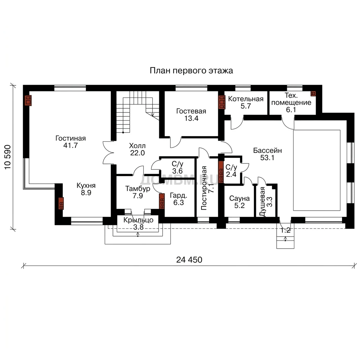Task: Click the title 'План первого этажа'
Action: tap(191, 70)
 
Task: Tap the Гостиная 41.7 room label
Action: tap(70, 142)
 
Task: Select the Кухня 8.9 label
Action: tap(86, 189)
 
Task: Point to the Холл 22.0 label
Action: tap(137, 149)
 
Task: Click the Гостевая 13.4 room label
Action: tap(191, 115)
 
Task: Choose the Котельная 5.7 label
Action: tap(246, 102)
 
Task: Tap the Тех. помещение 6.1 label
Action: tap(291, 102)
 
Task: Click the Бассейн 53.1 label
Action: tap(268, 154)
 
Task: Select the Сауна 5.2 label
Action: tap(239, 202)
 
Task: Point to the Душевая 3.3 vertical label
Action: tap(266, 201)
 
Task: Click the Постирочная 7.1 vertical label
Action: tap(207, 188)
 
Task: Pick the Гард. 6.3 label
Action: tap(179, 199)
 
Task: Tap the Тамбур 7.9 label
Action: tap(137, 192)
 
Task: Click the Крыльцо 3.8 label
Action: tap(139, 223)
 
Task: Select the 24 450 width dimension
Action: tap(189, 260)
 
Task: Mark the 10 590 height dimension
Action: tap(8, 157)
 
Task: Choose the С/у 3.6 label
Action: tap(178, 167)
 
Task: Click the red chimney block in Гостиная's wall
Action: tap(28, 100)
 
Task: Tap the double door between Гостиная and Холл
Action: tap(108, 153)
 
